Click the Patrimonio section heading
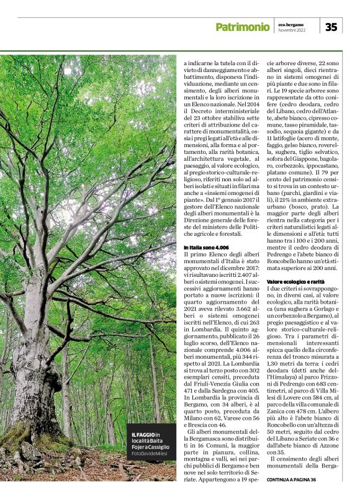(x=242, y=27)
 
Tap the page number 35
(x=331, y=27)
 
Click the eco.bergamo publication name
(x=291, y=24)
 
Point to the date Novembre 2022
(x=292, y=30)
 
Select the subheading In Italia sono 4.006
(x=205, y=248)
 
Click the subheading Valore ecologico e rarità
(x=296, y=282)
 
